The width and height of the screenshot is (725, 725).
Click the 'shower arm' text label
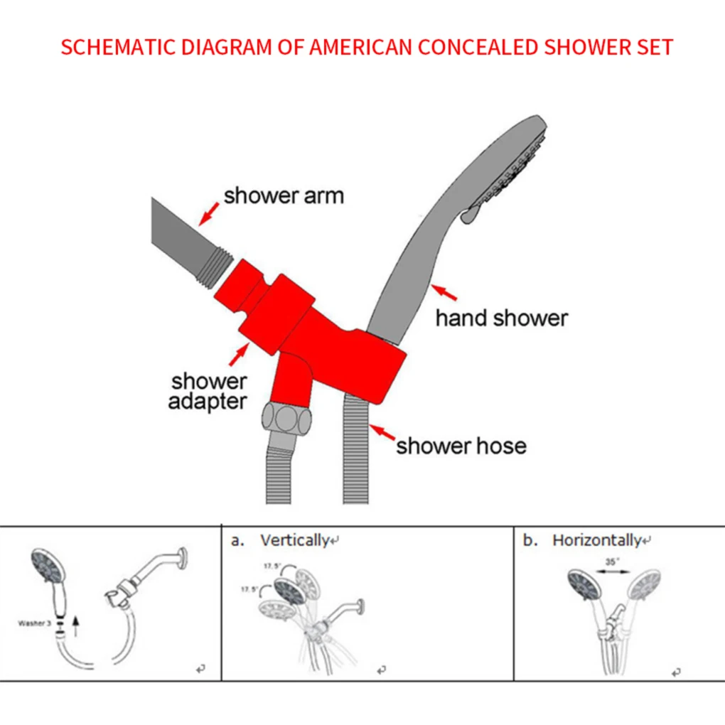point(283,195)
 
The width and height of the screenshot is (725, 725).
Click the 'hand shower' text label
point(502,318)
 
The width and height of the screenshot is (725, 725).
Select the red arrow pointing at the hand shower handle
point(445,293)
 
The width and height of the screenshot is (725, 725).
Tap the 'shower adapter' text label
point(208,391)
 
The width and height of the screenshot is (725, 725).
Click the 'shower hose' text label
point(461,446)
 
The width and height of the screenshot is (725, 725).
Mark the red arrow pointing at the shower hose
point(384,433)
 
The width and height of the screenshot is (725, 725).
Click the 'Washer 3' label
point(33,623)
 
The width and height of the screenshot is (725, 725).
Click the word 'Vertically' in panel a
point(294,540)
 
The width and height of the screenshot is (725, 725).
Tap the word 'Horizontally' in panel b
point(596,540)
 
